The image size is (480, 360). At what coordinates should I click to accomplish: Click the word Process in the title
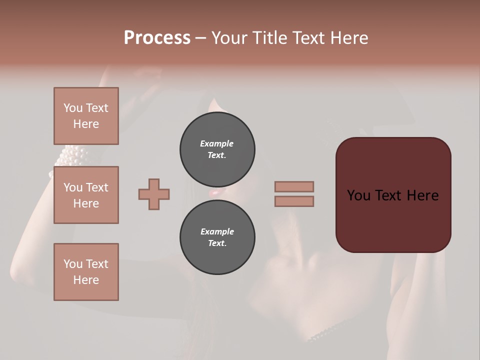[x=157, y=38]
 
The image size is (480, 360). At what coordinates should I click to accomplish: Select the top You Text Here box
[x=86, y=116]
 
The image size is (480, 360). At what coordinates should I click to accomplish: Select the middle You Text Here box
[x=86, y=195]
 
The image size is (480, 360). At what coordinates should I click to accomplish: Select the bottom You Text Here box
[x=86, y=272]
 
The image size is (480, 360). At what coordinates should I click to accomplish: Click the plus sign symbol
[x=154, y=194]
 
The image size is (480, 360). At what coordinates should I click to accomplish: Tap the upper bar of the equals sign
[x=294, y=186]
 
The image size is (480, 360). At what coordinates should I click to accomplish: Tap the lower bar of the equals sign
[x=294, y=201]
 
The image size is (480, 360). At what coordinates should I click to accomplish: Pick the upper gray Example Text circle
[x=217, y=149]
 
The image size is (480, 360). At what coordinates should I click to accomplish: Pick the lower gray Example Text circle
[x=217, y=237]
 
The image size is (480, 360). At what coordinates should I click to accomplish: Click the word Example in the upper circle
[x=217, y=143]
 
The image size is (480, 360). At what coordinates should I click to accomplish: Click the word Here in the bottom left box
[x=86, y=280]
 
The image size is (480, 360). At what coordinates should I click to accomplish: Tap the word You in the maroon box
[x=359, y=195]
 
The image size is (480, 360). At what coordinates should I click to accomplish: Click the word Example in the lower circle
[x=217, y=231]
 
